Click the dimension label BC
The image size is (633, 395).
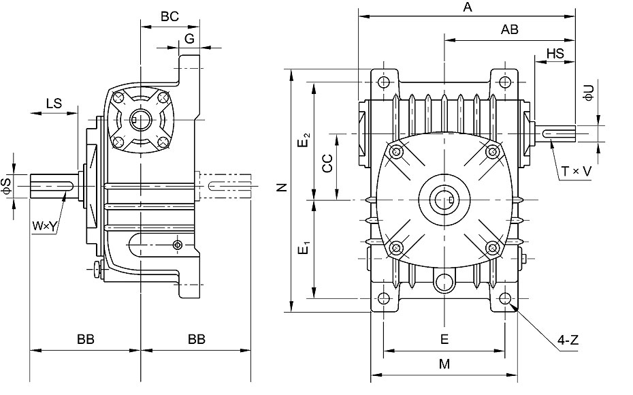point(169,16)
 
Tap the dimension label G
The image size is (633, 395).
point(189,38)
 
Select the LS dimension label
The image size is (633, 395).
point(54,104)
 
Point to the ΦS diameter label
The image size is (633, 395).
point(7,186)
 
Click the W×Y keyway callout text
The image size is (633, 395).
point(44,227)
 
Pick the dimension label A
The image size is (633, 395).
point(468,7)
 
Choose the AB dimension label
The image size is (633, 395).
point(510,29)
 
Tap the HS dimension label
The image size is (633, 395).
point(555,53)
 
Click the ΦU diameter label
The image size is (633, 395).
point(589,93)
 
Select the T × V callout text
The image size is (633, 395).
point(577,172)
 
